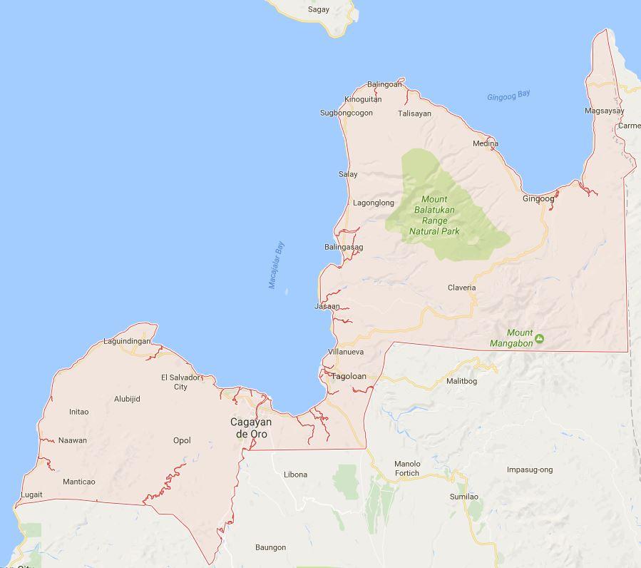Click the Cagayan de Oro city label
tap(250, 427)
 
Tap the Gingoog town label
tap(538, 198)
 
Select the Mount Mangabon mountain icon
tap(539, 338)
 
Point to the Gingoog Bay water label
tap(508, 96)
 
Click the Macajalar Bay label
tap(276, 265)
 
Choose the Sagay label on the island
tap(319, 9)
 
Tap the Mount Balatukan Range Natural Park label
tap(434, 215)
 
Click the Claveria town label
tap(461, 288)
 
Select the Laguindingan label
tap(127, 341)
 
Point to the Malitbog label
tap(461, 381)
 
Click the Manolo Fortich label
tap(407, 468)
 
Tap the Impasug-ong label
tap(529, 470)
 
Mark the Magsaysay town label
tap(604, 111)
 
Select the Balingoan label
tap(384, 84)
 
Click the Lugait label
tap(32, 495)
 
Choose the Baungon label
tap(270, 547)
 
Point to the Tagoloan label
tap(349, 376)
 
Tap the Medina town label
tap(485, 143)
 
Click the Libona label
tap(295, 474)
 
